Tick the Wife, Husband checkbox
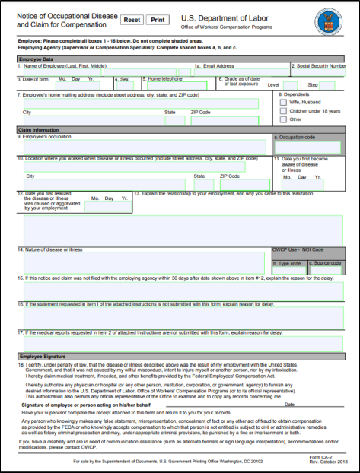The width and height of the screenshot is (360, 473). (284, 100)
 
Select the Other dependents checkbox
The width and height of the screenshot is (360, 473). (284, 119)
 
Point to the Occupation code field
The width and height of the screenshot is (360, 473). (308, 147)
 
